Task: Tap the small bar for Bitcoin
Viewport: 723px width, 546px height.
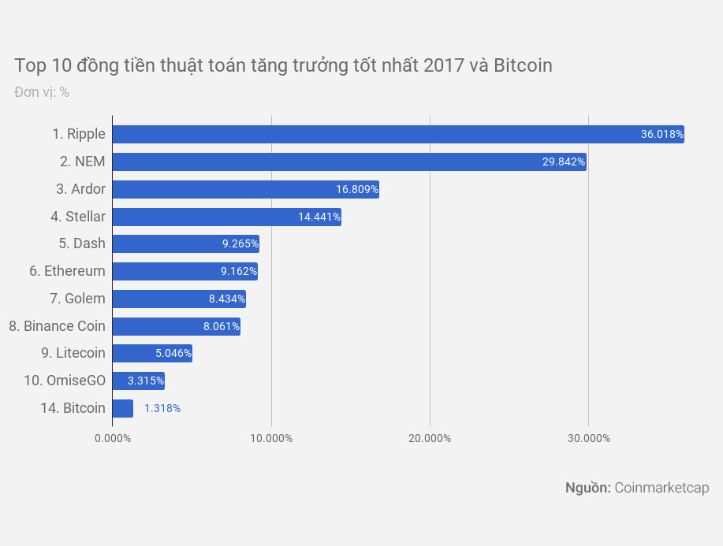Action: [x=122, y=408]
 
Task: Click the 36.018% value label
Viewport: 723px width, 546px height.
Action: [x=662, y=135]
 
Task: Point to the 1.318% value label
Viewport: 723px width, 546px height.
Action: [x=162, y=408]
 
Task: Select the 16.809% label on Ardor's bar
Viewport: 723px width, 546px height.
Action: [x=357, y=189]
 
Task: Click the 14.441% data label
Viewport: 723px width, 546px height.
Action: [x=319, y=217]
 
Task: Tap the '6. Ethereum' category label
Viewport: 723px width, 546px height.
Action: [x=67, y=271]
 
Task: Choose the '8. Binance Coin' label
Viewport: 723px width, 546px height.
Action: [x=57, y=325]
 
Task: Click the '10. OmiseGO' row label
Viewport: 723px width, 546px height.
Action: [x=65, y=381]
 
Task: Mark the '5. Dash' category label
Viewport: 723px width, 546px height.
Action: [x=82, y=243]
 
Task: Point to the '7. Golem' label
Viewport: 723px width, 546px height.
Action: [x=77, y=299]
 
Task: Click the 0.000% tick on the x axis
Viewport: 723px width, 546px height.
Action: [x=113, y=438]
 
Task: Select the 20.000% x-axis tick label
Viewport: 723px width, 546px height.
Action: [x=430, y=438]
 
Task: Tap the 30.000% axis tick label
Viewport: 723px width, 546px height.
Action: [x=588, y=438]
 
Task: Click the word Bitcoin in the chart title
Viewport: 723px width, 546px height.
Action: [x=523, y=65]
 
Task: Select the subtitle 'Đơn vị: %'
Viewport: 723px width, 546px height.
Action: [x=42, y=92]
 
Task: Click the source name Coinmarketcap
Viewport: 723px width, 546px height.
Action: [x=662, y=488]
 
